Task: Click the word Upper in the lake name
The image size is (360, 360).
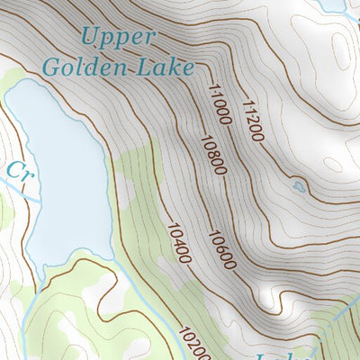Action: (117, 37)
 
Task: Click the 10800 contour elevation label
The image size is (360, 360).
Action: (211, 157)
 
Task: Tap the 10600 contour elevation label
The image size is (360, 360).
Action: (220, 250)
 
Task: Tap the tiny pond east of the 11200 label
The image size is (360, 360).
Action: (298, 186)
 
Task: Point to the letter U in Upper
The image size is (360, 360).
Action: (88, 37)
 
